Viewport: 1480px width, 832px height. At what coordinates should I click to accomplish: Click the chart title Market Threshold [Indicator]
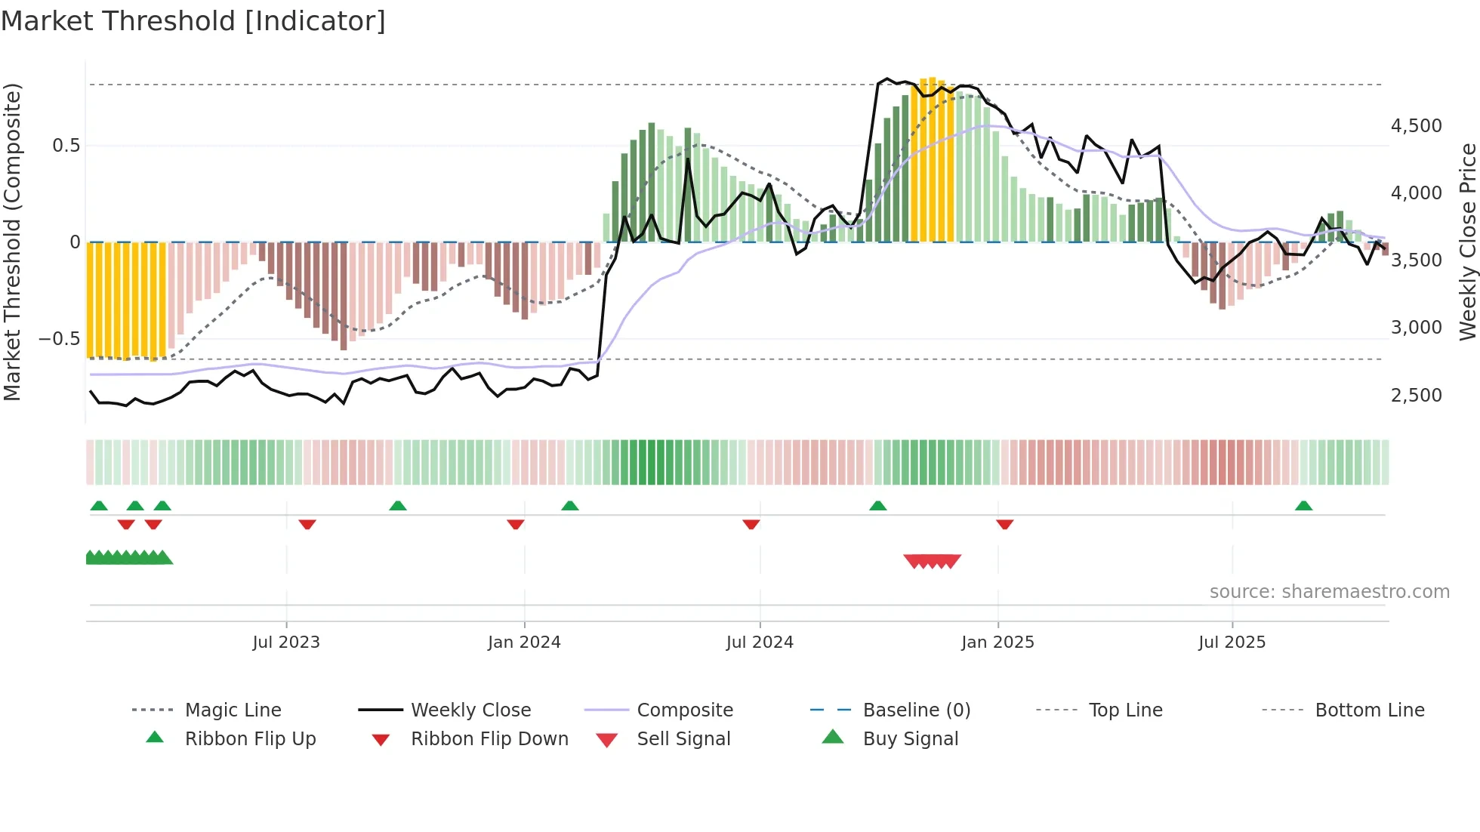click(193, 21)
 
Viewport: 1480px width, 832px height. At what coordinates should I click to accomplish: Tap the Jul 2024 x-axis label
click(760, 642)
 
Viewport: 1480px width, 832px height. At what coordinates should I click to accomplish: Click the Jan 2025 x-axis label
click(997, 642)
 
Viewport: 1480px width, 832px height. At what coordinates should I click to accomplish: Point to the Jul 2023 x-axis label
click(286, 642)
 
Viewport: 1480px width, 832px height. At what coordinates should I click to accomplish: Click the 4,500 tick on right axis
click(1416, 126)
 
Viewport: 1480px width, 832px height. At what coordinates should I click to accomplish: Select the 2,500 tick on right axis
click(1416, 396)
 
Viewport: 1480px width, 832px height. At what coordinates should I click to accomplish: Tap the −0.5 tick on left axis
click(59, 339)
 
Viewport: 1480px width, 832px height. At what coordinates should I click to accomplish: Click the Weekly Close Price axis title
click(1467, 242)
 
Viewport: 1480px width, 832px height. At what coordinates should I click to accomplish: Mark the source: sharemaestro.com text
click(1329, 592)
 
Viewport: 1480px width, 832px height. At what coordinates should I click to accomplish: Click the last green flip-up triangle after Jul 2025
click(1303, 506)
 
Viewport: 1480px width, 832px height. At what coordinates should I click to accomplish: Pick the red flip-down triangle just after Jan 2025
click(1004, 524)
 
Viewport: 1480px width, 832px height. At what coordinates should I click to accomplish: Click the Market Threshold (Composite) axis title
click(12, 242)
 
